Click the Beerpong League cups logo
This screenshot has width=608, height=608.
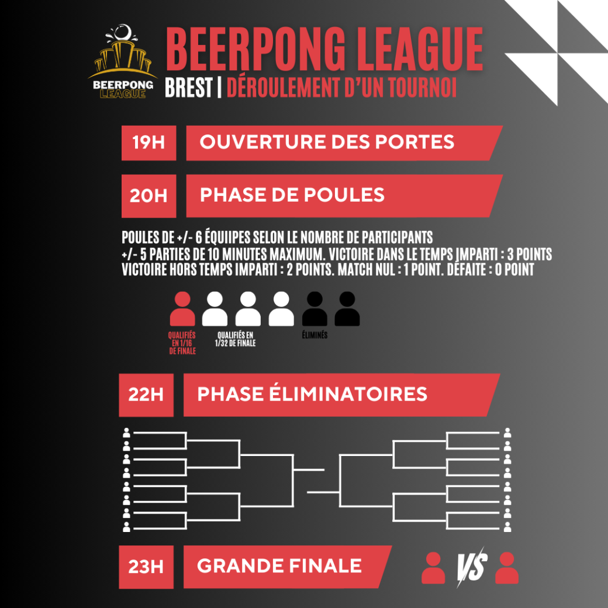pos(123,61)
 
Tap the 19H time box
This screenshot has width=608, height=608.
pos(149,143)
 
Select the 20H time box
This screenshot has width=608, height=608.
pos(149,196)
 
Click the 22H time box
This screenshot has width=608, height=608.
pos(146,395)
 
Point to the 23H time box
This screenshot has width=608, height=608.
pos(146,567)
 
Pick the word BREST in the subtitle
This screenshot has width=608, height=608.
pos(189,87)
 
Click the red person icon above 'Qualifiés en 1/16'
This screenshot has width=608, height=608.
pos(182,309)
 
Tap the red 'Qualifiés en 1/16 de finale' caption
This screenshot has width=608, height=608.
pos(182,343)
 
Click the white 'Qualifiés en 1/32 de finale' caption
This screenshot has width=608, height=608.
pos(236,339)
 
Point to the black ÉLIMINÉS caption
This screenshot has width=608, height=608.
pos(315,335)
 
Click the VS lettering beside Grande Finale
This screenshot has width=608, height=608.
pos(471,567)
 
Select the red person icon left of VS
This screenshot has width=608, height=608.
pos(433,568)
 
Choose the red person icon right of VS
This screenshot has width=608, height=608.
pos(507,568)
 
